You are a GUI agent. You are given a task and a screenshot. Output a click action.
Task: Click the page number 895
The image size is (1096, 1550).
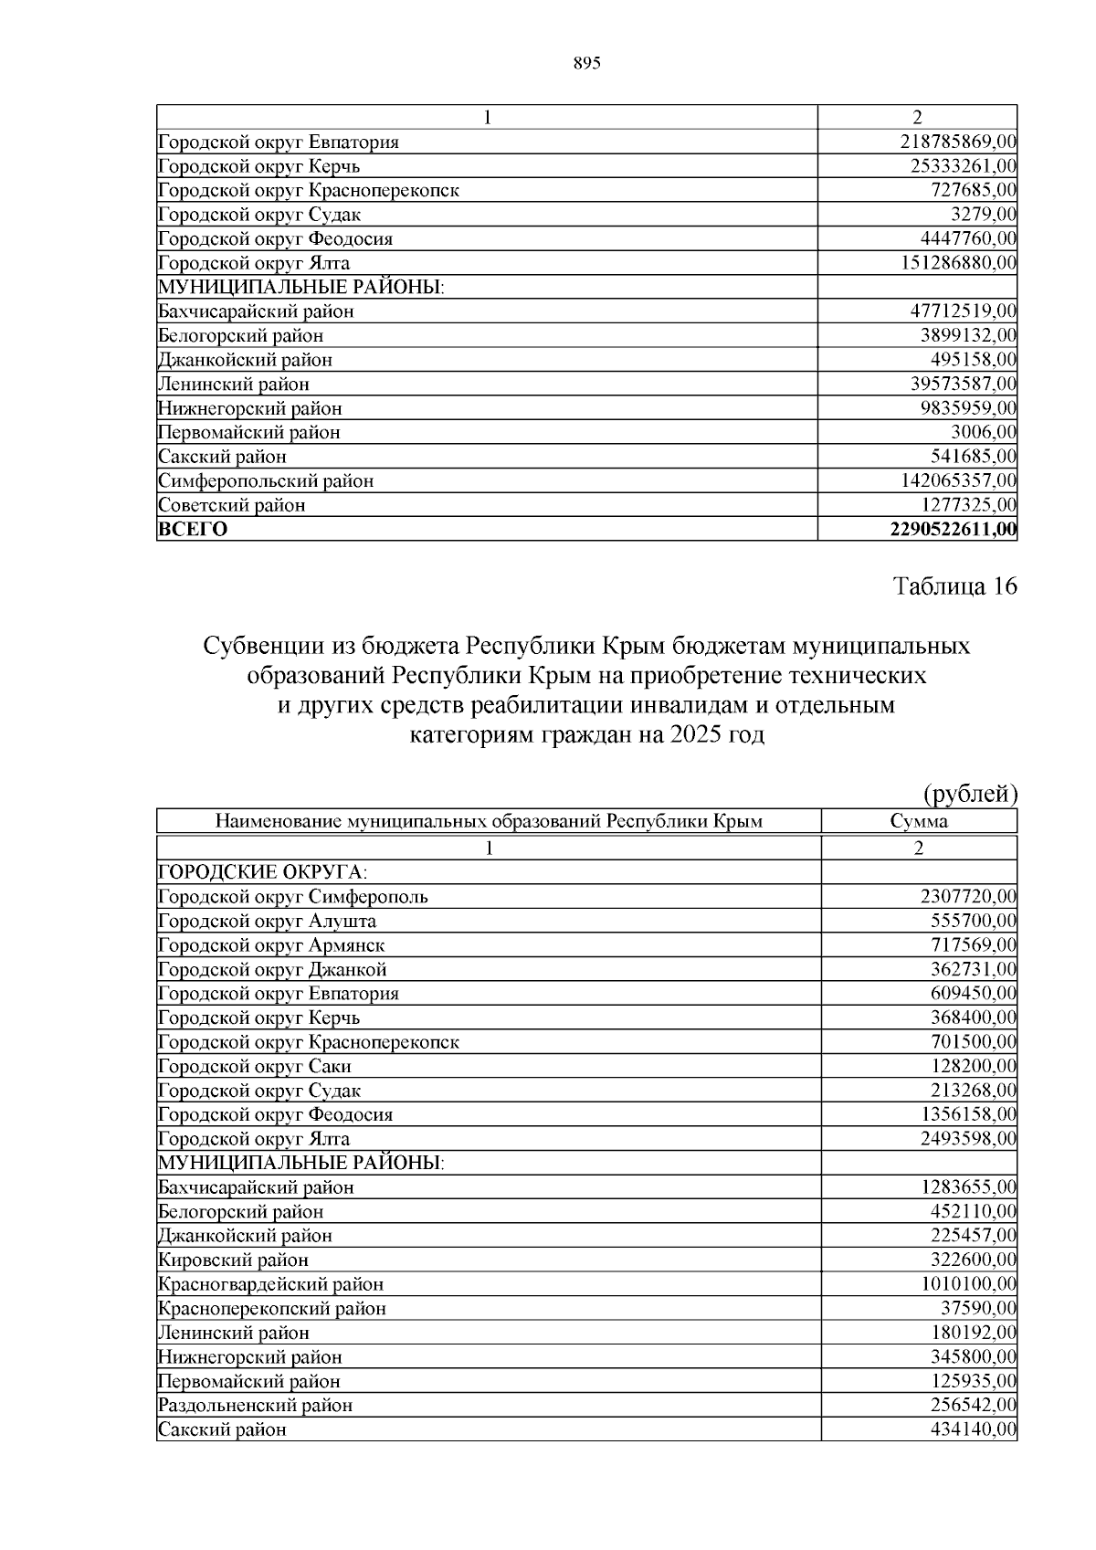(586, 63)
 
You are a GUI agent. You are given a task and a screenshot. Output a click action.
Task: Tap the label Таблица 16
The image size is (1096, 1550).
(954, 586)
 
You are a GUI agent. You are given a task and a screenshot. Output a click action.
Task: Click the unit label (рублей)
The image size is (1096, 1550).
(971, 795)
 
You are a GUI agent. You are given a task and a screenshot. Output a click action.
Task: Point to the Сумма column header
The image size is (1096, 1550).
(919, 821)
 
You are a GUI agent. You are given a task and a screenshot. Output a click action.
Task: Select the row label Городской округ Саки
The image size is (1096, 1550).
(255, 1066)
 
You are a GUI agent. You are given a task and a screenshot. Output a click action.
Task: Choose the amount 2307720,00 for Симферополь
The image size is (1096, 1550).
(968, 897)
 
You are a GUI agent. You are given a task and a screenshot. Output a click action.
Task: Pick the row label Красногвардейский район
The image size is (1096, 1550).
(270, 1284)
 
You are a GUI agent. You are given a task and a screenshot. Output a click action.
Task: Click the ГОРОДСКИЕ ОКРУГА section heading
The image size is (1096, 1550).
(263, 872)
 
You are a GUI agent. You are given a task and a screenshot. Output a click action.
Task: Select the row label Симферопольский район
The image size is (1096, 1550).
(266, 480)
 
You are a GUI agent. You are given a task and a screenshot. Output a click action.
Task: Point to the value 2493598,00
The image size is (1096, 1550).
(968, 1139)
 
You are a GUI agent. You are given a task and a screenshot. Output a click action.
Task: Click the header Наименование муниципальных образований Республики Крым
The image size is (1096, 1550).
(489, 821)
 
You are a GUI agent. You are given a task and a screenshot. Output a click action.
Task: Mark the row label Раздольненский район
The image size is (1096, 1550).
(255, 1405)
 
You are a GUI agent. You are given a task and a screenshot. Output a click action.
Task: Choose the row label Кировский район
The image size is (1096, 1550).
(233, 1260)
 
